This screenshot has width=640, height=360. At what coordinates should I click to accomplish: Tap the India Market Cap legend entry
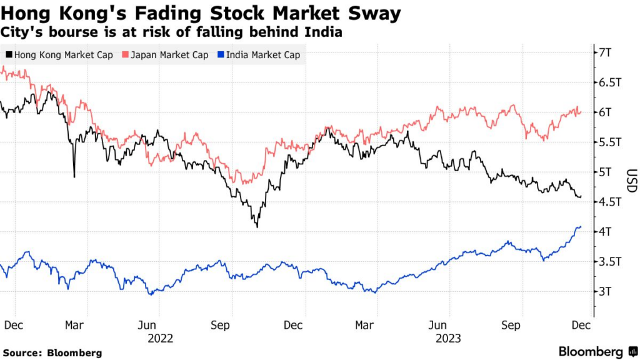(x=259, y=55)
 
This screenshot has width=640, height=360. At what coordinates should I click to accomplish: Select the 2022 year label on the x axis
(x=160, y=338)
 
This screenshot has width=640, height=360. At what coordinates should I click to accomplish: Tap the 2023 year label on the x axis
(x=449, y=338)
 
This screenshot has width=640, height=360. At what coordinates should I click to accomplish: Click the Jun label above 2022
(x=147, y=326)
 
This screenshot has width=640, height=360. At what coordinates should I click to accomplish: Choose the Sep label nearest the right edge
(x=512, y=326)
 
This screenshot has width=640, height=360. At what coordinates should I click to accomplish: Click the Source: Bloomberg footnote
(x=52, y=353)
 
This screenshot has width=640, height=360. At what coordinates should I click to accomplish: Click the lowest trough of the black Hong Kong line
(x=257, y=226)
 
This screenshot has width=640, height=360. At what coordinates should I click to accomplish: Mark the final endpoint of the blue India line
(x=581, y=227)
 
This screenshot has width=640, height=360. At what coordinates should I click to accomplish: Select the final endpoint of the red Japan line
(x=581, y=112)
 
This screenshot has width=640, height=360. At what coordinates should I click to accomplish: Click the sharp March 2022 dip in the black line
(x=74, y=177)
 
